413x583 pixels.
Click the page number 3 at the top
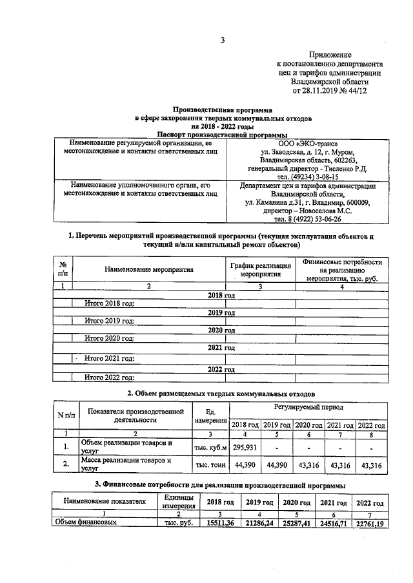[221, 41]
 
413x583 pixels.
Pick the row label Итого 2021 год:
[110, 358]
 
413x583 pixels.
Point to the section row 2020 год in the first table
[221, 330]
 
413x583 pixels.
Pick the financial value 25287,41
[296, 524]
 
